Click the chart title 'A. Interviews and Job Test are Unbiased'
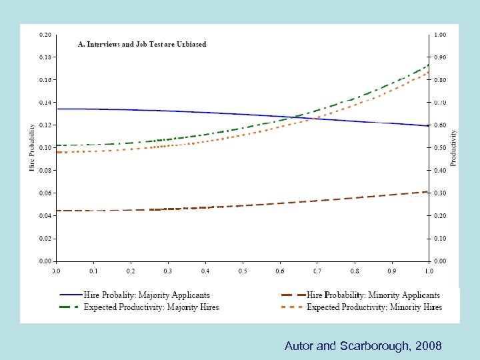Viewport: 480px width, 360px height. coord(143,45)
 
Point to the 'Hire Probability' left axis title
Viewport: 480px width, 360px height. coord(32,147)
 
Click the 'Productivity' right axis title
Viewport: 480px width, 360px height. coord(454,148)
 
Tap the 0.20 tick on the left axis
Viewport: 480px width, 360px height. coord(45,35)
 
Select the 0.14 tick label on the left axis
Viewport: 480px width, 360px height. coord(45,103)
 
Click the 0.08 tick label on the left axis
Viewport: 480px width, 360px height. coord(45,171)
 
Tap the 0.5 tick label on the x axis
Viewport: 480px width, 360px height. coord(243,271)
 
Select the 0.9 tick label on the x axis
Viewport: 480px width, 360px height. coord(392,271)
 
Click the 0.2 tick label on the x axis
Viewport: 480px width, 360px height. coord(131,271)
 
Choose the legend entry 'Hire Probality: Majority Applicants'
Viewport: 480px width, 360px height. coord(147,295)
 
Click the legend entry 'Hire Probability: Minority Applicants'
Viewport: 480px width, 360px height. coord(373,295)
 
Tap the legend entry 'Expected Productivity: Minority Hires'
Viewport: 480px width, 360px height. coord(374,307)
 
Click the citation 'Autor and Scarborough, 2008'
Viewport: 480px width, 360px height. coord(363,346)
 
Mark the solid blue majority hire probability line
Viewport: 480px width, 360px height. coord(167,111)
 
